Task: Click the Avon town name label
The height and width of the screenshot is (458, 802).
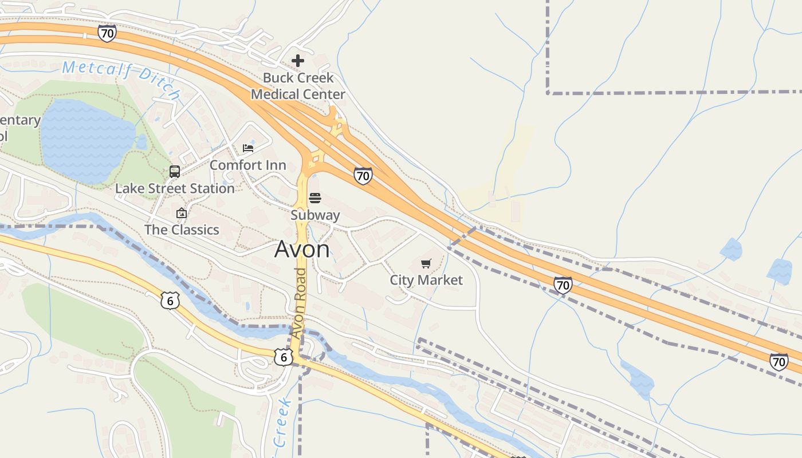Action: (302, 249)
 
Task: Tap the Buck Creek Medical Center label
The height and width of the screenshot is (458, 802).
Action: (298, 86)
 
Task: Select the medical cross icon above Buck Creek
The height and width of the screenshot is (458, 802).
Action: (298, 60)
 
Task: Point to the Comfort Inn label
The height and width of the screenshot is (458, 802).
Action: (247, 165)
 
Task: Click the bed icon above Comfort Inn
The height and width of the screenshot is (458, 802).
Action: (248, 148)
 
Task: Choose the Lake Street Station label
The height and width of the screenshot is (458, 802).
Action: (175, 188)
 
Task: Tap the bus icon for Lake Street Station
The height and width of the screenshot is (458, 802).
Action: (175, 172)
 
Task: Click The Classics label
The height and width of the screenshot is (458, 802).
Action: (182, 230)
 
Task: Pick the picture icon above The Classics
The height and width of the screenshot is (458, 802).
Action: (182, 213)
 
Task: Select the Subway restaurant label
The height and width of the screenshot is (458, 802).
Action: (315, 215)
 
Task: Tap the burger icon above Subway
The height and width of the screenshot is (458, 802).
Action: (315, 198)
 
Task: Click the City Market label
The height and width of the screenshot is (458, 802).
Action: (426, 280)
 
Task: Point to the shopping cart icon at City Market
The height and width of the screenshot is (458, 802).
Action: (426, 263)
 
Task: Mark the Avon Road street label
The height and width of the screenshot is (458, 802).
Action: (298, 303)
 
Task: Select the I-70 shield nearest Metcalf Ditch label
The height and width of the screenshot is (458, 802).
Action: (107, 33)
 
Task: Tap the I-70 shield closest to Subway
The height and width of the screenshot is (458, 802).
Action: (363, 176)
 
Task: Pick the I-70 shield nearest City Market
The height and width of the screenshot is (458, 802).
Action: (563, 285)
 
